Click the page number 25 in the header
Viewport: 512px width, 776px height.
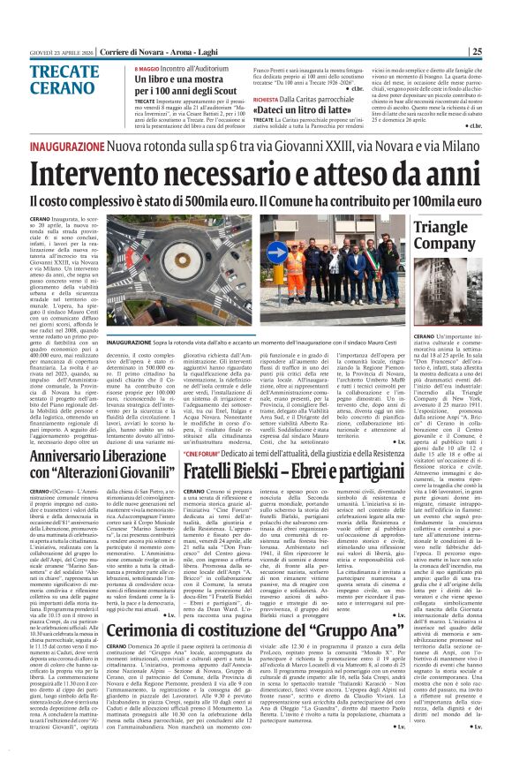500,50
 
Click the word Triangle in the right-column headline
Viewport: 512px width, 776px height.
440,228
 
